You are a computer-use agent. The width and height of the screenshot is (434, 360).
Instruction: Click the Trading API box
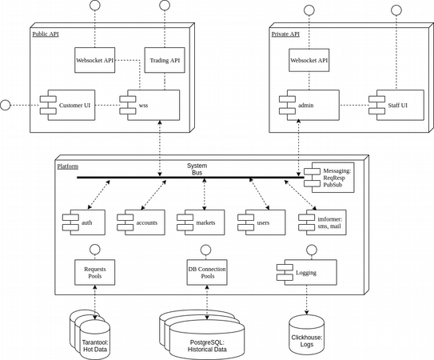click(x=165, y=60)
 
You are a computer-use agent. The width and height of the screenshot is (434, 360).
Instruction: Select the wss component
click(x=149, y=105)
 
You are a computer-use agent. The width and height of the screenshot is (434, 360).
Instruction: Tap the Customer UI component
click(x=67, y=105)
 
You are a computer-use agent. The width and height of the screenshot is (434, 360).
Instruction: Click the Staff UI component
click(x=396, y=105)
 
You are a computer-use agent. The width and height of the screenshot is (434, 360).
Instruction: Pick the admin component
click(x=309, y=105)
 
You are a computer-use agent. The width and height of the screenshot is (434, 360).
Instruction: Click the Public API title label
click(x=46, y=34)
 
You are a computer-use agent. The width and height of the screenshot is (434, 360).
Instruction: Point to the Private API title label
click(x=285, y=34)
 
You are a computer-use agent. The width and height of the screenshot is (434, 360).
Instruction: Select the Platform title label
click(x=68, y=166)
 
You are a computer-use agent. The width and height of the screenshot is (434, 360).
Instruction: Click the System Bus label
click(x=197, y=169)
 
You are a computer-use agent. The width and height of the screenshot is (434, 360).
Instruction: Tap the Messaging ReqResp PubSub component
click(x=329, y=178)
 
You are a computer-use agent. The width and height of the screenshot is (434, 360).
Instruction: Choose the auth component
click(x=84, y=222)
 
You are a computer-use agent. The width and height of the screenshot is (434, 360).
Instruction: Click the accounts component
click(x=141, y=222)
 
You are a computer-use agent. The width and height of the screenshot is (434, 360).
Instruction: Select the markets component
click(x=201, y=222)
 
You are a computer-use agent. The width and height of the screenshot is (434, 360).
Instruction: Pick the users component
click(x=261, y=222)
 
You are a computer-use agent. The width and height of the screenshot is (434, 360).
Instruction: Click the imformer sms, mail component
click(x=322, y=222)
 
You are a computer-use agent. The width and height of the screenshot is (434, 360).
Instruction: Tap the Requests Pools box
click(x=95, y=273)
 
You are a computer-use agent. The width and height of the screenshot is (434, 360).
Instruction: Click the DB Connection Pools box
click(x=207, y=273)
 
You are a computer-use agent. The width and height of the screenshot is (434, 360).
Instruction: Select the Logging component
click(x=307, y=273)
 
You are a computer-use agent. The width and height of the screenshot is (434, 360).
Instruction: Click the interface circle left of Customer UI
click(x=6, y=105)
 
